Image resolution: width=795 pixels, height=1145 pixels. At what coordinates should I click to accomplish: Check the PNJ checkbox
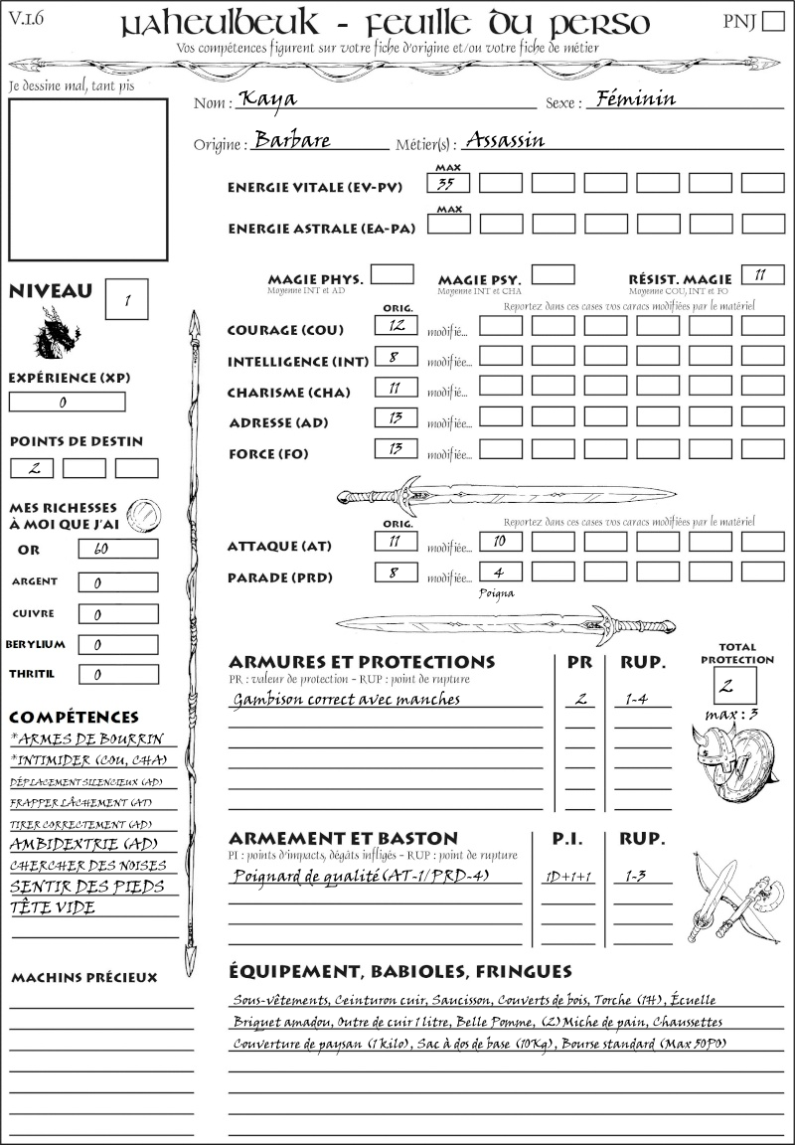[771, 22]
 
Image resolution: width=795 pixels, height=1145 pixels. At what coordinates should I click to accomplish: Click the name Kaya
[266, 99]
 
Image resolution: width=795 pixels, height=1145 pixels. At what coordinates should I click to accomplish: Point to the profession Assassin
[505, 139]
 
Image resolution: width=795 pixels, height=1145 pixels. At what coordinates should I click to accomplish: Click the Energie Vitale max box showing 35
[449, 183]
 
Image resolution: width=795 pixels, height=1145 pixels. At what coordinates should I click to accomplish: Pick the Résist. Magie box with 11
[762, 274]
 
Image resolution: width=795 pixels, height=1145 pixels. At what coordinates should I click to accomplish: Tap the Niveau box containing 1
[128, 298]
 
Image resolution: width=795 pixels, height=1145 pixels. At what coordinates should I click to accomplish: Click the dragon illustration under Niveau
[57, 333]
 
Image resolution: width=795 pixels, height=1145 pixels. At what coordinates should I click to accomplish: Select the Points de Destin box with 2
[32, 467]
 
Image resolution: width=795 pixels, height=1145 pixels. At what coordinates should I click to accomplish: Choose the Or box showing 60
[118, 549]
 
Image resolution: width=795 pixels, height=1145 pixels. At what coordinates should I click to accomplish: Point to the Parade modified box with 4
[500, 572]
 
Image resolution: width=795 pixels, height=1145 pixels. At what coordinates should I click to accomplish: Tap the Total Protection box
[735, 686]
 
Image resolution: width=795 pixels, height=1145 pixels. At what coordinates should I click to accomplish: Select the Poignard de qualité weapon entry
[363, 876]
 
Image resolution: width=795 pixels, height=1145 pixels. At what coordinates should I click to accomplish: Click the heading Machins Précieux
[83, 978]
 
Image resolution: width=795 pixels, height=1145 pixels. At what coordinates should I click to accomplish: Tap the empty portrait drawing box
[87, 178]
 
